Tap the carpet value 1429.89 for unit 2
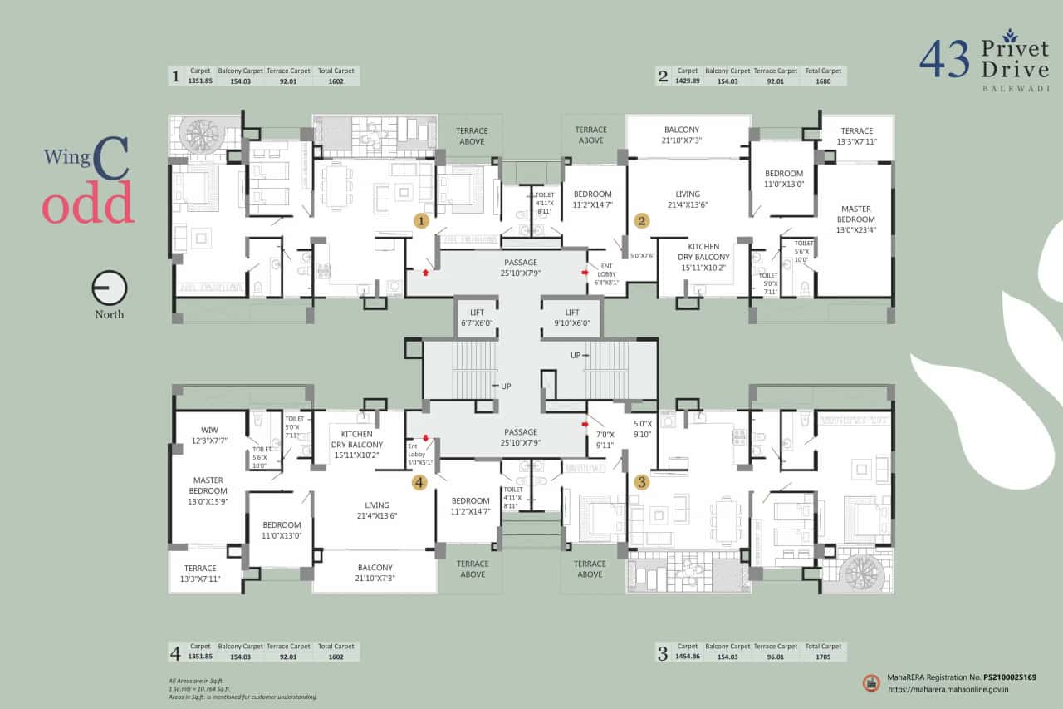point(688,81)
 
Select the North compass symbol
point(110,288)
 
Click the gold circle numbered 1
point(421,221)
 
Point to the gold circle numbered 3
point(641,481)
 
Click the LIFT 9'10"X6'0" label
point(573,318)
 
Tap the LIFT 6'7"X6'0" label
point(477,318)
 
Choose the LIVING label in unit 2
point(688,199)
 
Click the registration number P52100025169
point(1010,677)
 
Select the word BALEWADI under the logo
point(1014,87)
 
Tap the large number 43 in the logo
point(944,61)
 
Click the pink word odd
point(88,204)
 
